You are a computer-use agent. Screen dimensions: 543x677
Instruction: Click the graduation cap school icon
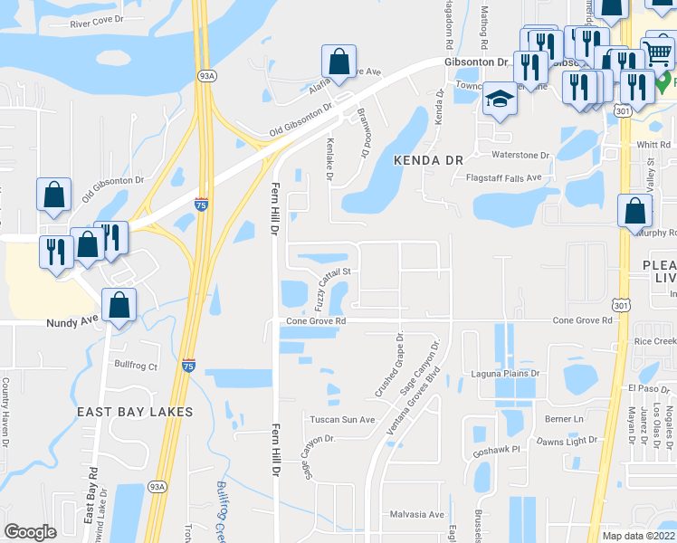[498, 98]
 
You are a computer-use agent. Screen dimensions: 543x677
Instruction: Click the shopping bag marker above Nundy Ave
[119, 305]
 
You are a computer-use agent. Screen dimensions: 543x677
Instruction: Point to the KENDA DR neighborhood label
[427, 159]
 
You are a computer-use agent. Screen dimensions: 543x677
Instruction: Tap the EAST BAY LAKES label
[135, 412]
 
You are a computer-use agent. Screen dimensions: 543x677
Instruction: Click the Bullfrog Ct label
[136, 367]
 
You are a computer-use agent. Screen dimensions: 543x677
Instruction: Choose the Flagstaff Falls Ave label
[502, 177]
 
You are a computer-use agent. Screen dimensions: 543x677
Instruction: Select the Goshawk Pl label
[497, 449]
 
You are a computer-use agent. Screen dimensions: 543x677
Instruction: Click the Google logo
[30, 532]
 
